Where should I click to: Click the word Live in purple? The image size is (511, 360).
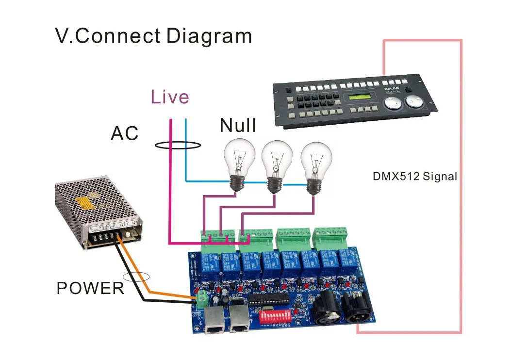tap(169, 97)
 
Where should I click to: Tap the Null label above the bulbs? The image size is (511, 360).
tap(238, 125)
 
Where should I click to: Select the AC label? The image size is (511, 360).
tap(125, 133)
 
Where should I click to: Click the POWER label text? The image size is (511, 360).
tap(90, 288)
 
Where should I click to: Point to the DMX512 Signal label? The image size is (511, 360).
tap(414, 176)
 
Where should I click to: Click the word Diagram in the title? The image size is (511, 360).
tap(209, 36)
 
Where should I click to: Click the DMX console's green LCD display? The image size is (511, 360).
tap(362, 99)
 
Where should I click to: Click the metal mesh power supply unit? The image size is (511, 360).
tap(97, 211)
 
